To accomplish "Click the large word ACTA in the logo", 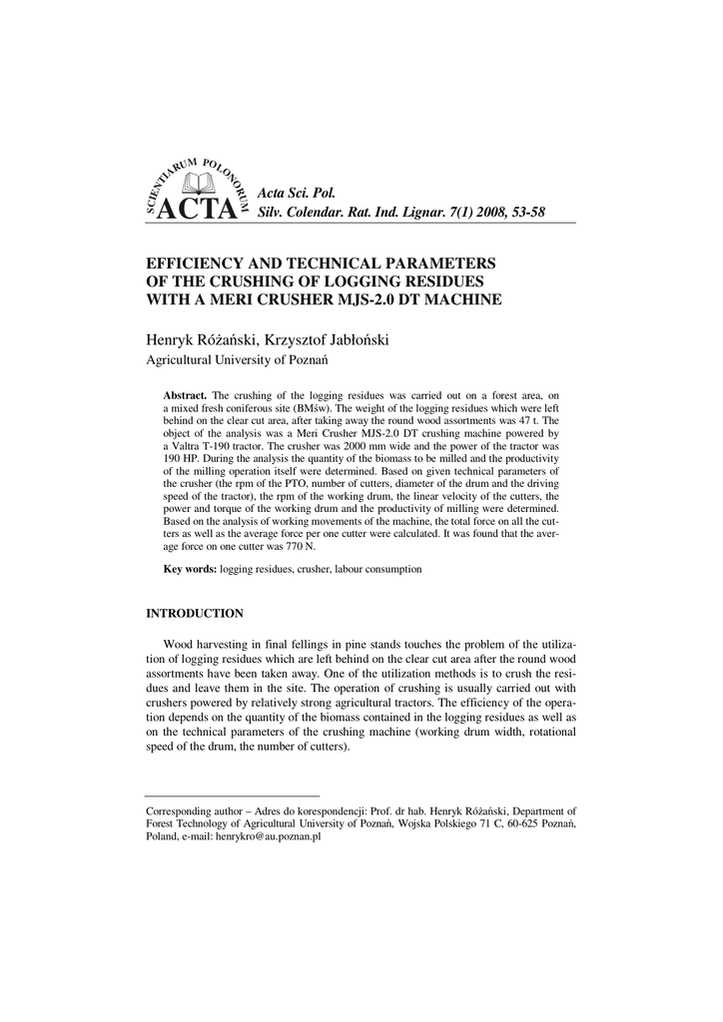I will coord(199,210).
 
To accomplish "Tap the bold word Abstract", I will coord(185,395).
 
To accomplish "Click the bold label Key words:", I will coord(190,569).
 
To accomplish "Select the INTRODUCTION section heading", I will coord(195,612).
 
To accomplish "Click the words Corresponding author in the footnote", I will coord(194,812).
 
